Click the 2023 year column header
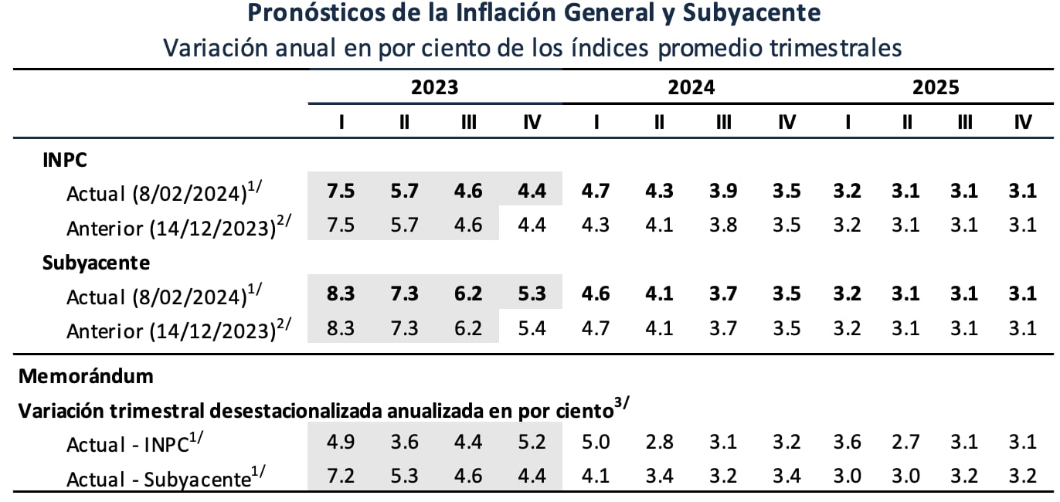(x=434, y=86)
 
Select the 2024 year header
(x=691, y=86)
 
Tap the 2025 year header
(x=936, y=86)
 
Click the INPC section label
(x=65, y=160)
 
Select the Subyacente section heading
(x=96, y=263)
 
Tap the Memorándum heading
(x=86, y=376)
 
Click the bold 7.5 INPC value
(x=341, y=191)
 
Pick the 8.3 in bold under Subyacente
(x=341, y=294)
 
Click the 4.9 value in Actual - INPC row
(x=341, y=443)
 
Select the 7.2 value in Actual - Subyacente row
(x=341, y=477)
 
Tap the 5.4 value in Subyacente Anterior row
(x=532, y=328)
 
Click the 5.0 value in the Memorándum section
(x=596, y=443)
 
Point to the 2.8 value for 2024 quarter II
(x=659, y=443)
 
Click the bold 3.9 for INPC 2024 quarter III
(x=723, y=191)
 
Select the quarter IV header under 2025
(x=1023, y=123)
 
